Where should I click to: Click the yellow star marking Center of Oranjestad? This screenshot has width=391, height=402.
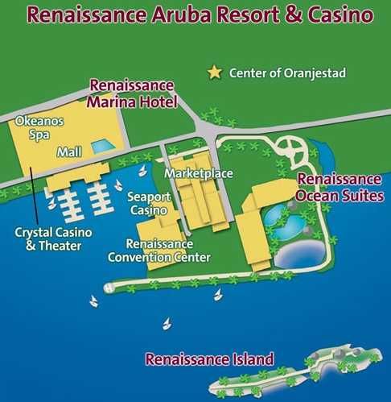point(214,73)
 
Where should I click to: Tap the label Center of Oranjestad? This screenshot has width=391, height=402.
point(287,73)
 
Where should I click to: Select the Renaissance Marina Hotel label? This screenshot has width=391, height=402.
point(130,93)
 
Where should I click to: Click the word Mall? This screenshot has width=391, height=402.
point(68,151)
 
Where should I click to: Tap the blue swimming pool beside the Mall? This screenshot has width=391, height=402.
point(102,147)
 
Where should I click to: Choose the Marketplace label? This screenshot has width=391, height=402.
point(198,173)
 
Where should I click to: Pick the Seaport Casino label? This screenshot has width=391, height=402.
point(148,203)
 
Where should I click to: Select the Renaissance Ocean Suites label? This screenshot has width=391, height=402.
point(338,186)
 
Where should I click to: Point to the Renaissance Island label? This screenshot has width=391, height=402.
point(208,359)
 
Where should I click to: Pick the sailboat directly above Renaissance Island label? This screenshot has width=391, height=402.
point(167,324)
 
